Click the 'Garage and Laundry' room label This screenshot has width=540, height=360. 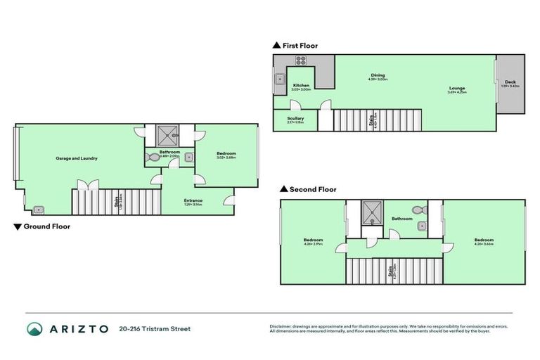[77, 158]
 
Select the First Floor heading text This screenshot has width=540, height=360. [300, 46]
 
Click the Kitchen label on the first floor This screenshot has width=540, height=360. [301, 85]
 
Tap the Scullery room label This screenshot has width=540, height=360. [295, 119]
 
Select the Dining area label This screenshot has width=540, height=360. [378, 75]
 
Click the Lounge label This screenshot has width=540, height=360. [457, 88]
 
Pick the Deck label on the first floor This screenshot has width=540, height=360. [510, 82]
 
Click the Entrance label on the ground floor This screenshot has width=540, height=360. [193, 200]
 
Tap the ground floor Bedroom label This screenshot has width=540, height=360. [226, 154]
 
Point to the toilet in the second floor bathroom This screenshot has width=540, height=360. [419, 209]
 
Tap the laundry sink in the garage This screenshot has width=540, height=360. [39, 208]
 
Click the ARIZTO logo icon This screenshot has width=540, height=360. [35, 328]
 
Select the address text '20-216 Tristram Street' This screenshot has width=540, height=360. [155, 328]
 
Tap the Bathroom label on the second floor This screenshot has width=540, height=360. [402, 219]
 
